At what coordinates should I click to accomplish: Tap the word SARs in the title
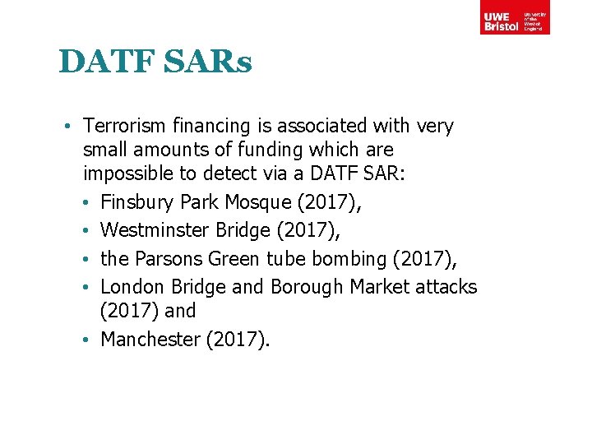[x=211, y=62]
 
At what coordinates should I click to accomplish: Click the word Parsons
[x=169, y=259]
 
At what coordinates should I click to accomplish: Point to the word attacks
[x=446, y=287]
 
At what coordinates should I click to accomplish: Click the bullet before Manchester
[x=90, y=340]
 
